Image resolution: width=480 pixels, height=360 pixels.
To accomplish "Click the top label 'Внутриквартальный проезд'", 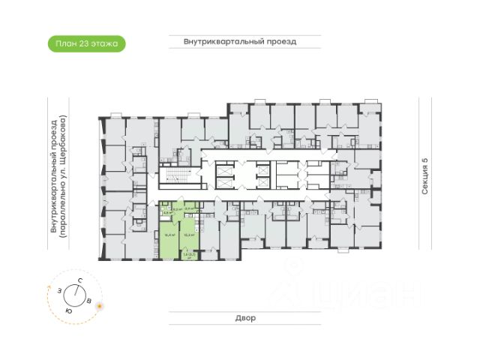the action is click(x=240, y=42).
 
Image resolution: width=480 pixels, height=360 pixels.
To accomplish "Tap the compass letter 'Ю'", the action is click(x=68, y=310).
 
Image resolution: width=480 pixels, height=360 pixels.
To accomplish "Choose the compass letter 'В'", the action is click(x=89, y=301).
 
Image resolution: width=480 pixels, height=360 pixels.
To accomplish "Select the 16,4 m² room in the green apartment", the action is click(x=169, y=235).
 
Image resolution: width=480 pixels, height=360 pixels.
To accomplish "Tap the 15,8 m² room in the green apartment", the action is click(x=190, y=234).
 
